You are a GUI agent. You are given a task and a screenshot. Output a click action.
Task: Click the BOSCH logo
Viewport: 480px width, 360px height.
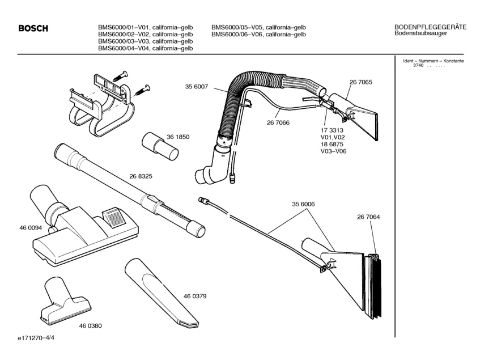click(33, 29)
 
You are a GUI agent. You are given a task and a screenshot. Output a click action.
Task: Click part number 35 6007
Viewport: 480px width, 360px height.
click(197, 87)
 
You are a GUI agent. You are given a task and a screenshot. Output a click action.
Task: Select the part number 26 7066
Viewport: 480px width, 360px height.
click(278, 122)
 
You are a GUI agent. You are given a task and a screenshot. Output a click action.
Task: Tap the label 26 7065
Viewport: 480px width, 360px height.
click(360, 83)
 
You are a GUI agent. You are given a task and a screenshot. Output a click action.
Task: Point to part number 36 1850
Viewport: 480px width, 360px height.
click(193, 137)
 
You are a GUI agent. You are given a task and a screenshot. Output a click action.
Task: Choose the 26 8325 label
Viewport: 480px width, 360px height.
click(141, 176)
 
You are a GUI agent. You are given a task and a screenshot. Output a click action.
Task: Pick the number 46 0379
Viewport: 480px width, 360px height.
click(194, 296)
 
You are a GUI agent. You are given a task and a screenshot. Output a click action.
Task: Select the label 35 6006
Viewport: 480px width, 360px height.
click(303, 204)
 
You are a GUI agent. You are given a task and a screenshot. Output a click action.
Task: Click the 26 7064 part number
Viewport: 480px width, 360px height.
click(368, 216)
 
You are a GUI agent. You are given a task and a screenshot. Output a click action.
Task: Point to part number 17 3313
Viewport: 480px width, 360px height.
click(332, 130)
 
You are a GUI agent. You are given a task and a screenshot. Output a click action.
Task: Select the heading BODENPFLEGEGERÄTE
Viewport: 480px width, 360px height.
click(430, 27)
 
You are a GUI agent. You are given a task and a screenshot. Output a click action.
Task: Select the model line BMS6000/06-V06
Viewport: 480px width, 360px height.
click(258, 34)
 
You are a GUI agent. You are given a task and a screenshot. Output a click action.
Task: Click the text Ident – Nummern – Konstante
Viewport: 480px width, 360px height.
click(433, 61)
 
